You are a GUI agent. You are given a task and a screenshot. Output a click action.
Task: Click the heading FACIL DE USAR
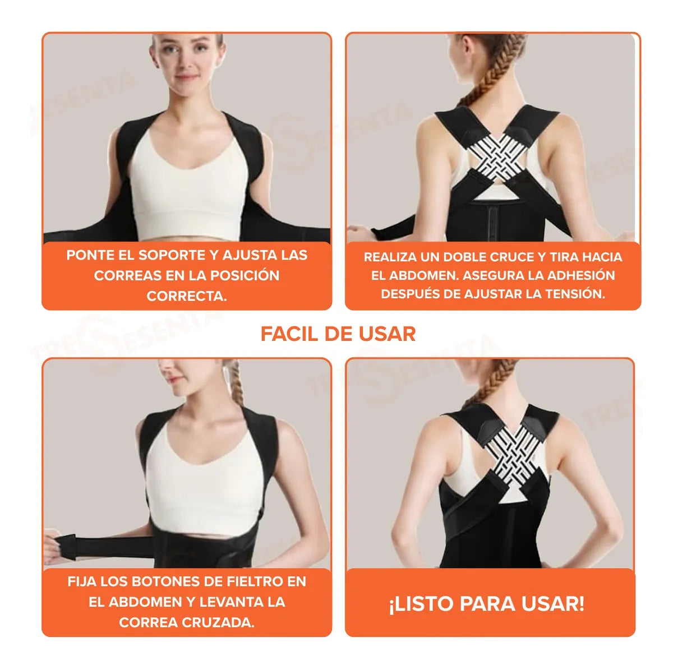(x=338, y=334)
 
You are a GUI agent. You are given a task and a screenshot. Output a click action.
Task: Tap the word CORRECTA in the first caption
(x=186, y=296)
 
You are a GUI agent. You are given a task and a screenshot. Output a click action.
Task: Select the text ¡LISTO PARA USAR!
(x=487, y=604)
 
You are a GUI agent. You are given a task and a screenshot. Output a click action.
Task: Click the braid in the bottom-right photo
(x=494, y=381)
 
